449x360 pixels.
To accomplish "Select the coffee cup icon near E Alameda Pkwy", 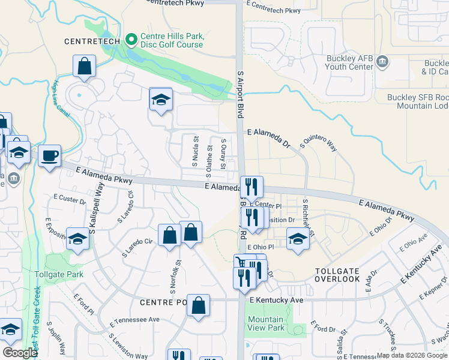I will (x=49, y=157).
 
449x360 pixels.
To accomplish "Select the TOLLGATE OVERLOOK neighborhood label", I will (x=345, y=275).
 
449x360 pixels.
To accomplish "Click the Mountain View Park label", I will (x=266, y=323).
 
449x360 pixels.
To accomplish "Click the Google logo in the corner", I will (x=20, y=353).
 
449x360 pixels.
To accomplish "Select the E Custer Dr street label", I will (x=69, y=199).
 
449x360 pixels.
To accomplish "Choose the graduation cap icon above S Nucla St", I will (x=161, y=99).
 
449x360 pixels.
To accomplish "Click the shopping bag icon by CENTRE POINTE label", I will (x=198, y=305).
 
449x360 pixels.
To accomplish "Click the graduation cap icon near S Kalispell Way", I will (x=77, y=239).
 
